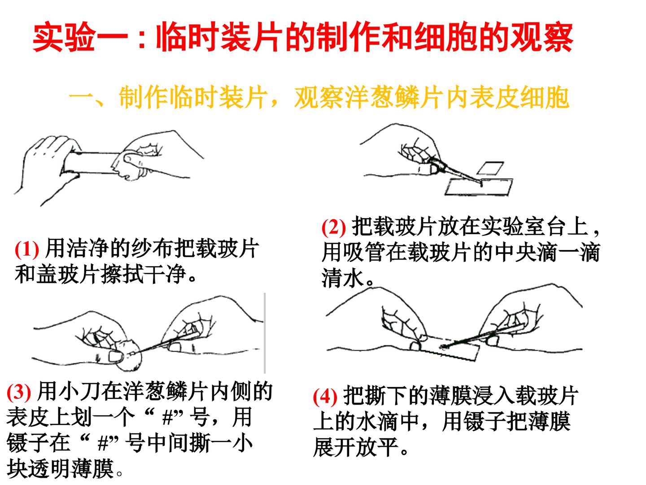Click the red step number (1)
(27, 250)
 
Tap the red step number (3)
(18, 393)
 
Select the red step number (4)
(325, 397)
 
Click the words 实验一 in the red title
(80, 38)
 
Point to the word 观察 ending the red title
(541, 38)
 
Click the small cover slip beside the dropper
(490, 168)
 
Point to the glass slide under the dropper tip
(479, 187)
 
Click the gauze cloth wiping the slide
(132, 164)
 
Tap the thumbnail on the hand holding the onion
(115, 357)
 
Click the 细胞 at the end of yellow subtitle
(545, 97)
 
